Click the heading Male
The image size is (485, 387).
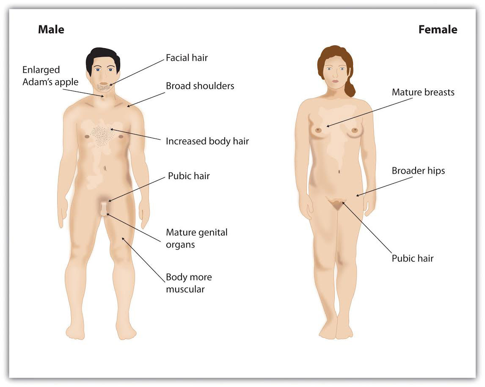pos(51,29)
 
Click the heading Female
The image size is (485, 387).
pos(438,29)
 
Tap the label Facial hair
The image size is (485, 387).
pos(187,58)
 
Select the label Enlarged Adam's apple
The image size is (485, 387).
pos(50,76)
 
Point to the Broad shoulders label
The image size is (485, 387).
pos(200,86)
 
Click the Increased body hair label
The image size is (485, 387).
pos(207,141)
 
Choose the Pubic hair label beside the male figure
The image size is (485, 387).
pos(189,176)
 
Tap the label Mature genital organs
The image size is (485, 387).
pos(197,238)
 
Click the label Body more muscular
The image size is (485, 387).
pos(189,283)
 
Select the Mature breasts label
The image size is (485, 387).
pos(423,92)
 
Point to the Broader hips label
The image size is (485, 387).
pos(418,171)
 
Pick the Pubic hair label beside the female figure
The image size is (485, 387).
pos(413,258)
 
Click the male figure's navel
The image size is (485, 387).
pos(105,168)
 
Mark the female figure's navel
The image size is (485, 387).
pos(339,172)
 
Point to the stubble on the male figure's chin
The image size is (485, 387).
pos(103,87)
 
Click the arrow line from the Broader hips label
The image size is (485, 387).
pos(384,187)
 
